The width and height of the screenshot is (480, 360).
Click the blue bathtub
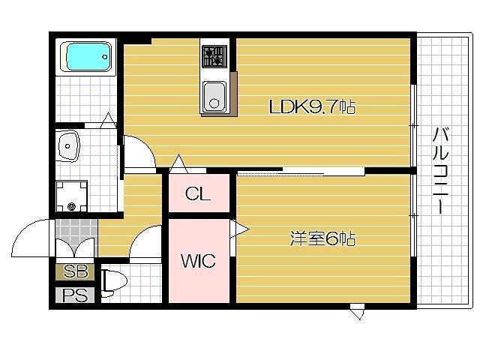(x=88, y=57)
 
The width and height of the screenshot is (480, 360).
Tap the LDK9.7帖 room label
(x=311, y=107)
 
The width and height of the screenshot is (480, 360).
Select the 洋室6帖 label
(x=322, y=239)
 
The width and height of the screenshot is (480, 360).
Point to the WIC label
(x=198, y=261)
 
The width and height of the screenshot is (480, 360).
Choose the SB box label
(x=75, y=271)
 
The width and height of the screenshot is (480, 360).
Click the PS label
(x=75, y=295)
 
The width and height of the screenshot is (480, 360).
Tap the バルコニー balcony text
(x=441, y=171)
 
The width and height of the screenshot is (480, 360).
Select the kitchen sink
(x=214, y=95)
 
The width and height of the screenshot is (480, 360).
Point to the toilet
(x=113, y=282)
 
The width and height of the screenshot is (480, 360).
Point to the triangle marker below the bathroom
(x=107, y=118)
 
